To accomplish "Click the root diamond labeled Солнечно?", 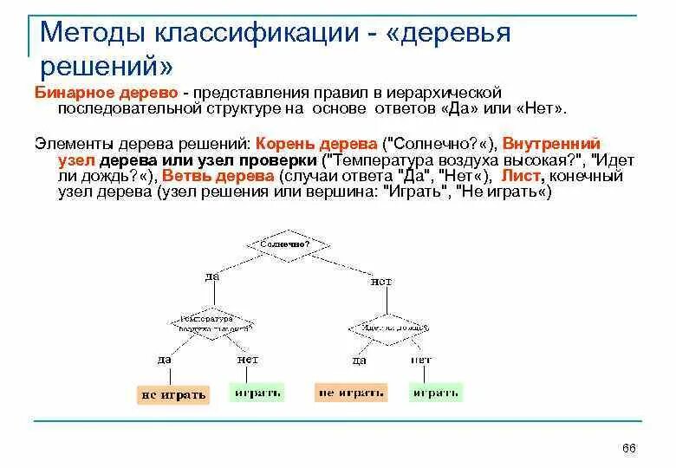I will pos(285,244).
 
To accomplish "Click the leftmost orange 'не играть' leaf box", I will pos(173,394).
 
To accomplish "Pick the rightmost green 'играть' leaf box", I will pos(436,393).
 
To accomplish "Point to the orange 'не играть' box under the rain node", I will pos(350,393).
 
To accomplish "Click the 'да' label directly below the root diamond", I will pos(212,276).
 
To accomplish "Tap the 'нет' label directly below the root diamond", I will pos(381,281).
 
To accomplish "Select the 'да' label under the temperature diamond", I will pos(165,358).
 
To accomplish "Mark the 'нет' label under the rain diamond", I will pos(422,359).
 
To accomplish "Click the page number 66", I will pos(629,447).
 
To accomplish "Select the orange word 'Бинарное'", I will pos(71,93).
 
